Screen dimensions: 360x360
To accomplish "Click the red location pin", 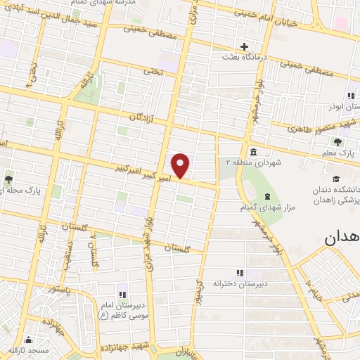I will [181, 165].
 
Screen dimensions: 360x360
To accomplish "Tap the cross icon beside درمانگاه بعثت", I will [244, 46].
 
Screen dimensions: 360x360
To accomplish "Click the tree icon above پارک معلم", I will [339, 141].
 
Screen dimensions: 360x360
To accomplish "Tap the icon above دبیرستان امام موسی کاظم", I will [120, 295].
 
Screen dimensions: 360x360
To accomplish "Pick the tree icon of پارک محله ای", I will [9, 179].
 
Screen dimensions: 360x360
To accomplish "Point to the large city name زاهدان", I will [341, 238].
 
